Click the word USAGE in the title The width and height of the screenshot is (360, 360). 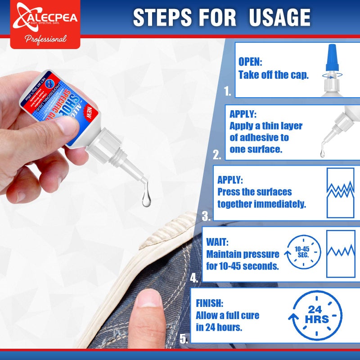coord(274,17)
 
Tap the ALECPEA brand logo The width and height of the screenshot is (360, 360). coord(45,18)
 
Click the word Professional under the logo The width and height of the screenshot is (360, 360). coord(45,39)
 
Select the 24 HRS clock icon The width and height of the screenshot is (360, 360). coord(315,315)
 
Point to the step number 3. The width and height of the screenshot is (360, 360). coord(206,216)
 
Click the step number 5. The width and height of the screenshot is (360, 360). coord(184,339)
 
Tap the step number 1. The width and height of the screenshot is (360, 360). coord(228,92)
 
